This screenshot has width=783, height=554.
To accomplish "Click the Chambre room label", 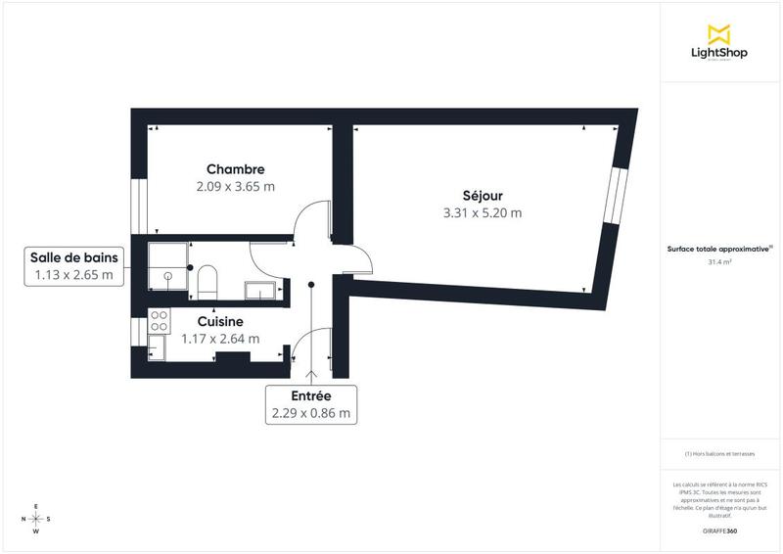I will click(235, 168).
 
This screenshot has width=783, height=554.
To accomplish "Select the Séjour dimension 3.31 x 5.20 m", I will click(483, 212).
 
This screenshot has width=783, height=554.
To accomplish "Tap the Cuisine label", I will click(220, 321).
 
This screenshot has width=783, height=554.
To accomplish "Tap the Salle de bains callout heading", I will click(74, 257).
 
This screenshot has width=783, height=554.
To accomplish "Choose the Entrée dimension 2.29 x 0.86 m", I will click(310, 414).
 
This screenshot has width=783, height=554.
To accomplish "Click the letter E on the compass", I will click(36, 506).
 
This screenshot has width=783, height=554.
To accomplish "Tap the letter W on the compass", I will click(36, 531).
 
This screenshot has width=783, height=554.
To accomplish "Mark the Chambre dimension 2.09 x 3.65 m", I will click(235, 186).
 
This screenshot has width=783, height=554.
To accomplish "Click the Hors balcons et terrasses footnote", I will click(719, 454).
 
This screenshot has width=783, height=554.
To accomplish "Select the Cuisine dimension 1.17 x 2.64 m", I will click(220, 339).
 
